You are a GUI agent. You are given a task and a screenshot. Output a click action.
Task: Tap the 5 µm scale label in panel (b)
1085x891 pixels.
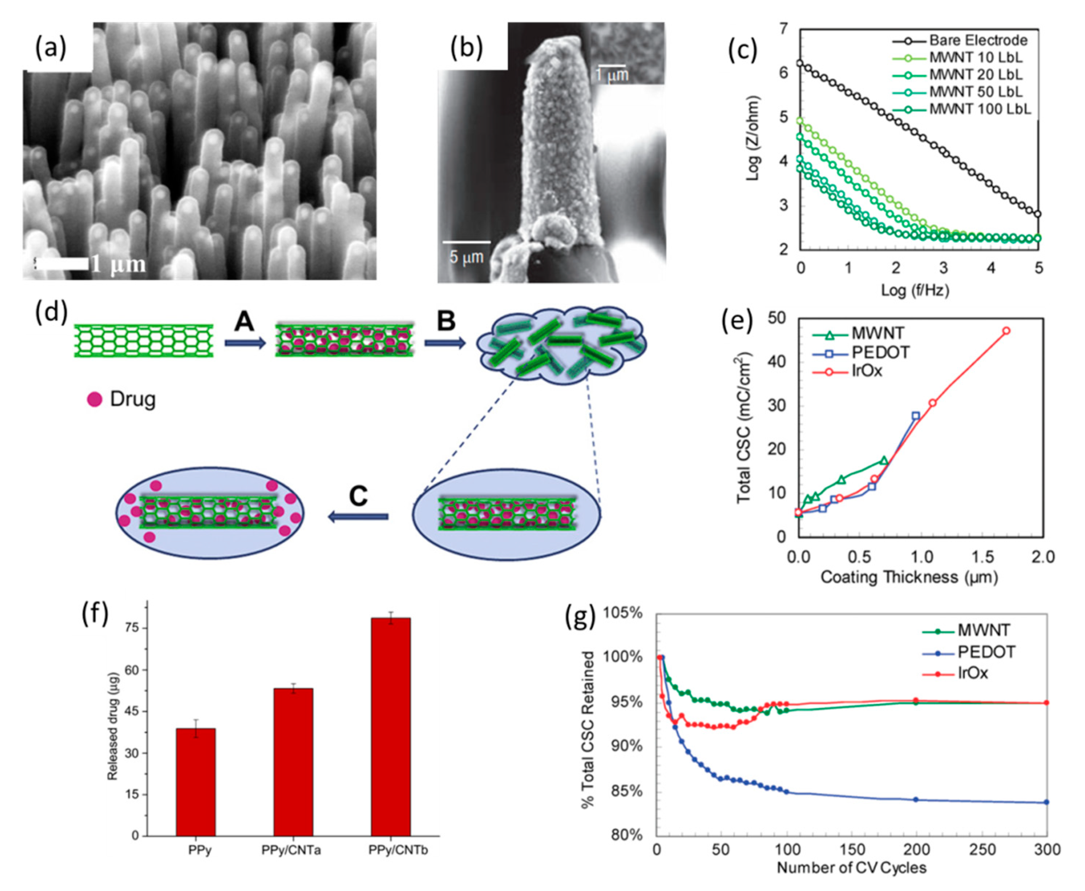coord(466,257)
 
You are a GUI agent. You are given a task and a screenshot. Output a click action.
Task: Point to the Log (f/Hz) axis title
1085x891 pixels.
coord(915,291)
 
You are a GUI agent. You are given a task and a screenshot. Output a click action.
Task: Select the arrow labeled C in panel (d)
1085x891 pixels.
coord(358,516)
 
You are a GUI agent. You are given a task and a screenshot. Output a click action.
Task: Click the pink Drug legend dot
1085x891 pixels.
coord(95,399)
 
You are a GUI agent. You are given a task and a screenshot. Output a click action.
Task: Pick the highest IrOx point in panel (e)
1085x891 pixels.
coord(1006,331)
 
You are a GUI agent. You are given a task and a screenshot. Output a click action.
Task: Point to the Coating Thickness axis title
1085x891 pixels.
coord(909,577)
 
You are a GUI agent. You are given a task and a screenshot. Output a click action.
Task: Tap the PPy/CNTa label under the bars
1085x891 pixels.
coord(291,851)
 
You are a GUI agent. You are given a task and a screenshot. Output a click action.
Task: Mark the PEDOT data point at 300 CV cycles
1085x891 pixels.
coord(1046,802)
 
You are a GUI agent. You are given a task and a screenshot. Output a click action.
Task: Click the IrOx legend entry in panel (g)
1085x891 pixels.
coord(972,673)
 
